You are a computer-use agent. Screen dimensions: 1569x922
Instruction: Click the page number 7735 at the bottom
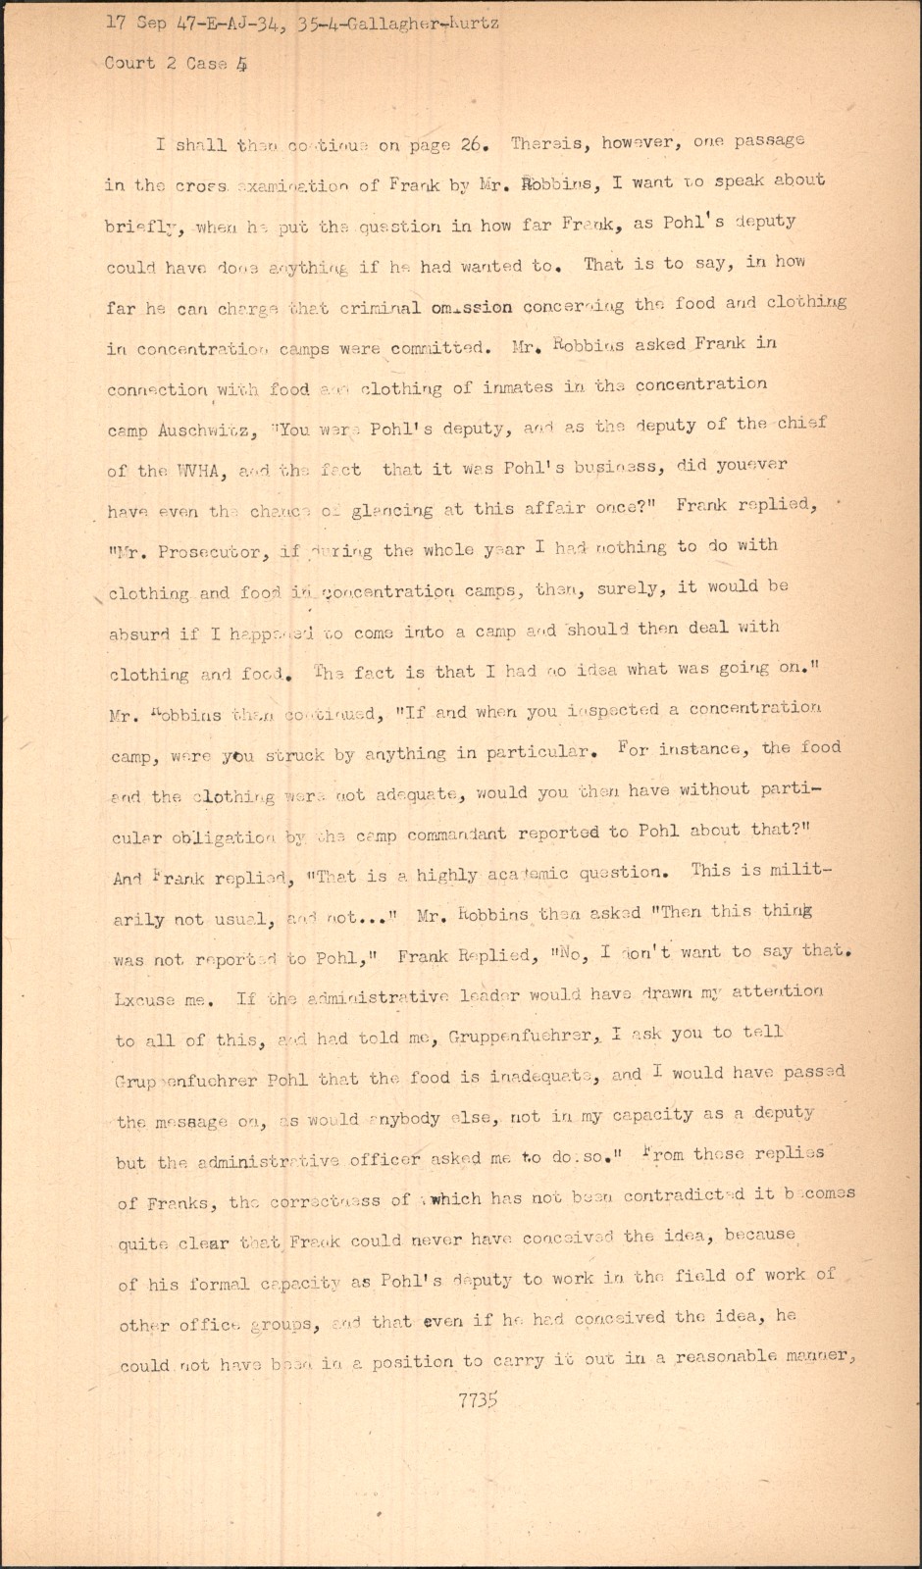pos(478,1400)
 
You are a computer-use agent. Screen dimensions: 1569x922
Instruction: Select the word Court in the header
pos(130,63)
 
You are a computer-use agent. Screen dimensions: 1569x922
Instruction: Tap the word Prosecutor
pos(213,552)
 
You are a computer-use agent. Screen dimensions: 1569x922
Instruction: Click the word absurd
pos(140,633)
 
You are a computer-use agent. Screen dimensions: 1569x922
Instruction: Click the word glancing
pos(392,510)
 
